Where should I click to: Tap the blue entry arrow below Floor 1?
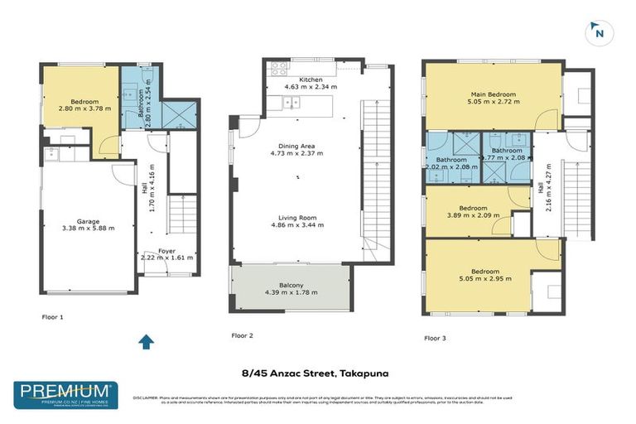pos(146,341)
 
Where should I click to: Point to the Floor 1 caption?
pos(52,317)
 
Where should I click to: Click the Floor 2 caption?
pos(241,335)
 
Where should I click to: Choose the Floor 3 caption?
pos(435,338)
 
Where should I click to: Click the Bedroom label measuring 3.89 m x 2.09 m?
pos(473,209)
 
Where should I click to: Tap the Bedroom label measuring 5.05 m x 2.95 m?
pos(484,271)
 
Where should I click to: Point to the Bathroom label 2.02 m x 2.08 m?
pos(452,161)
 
